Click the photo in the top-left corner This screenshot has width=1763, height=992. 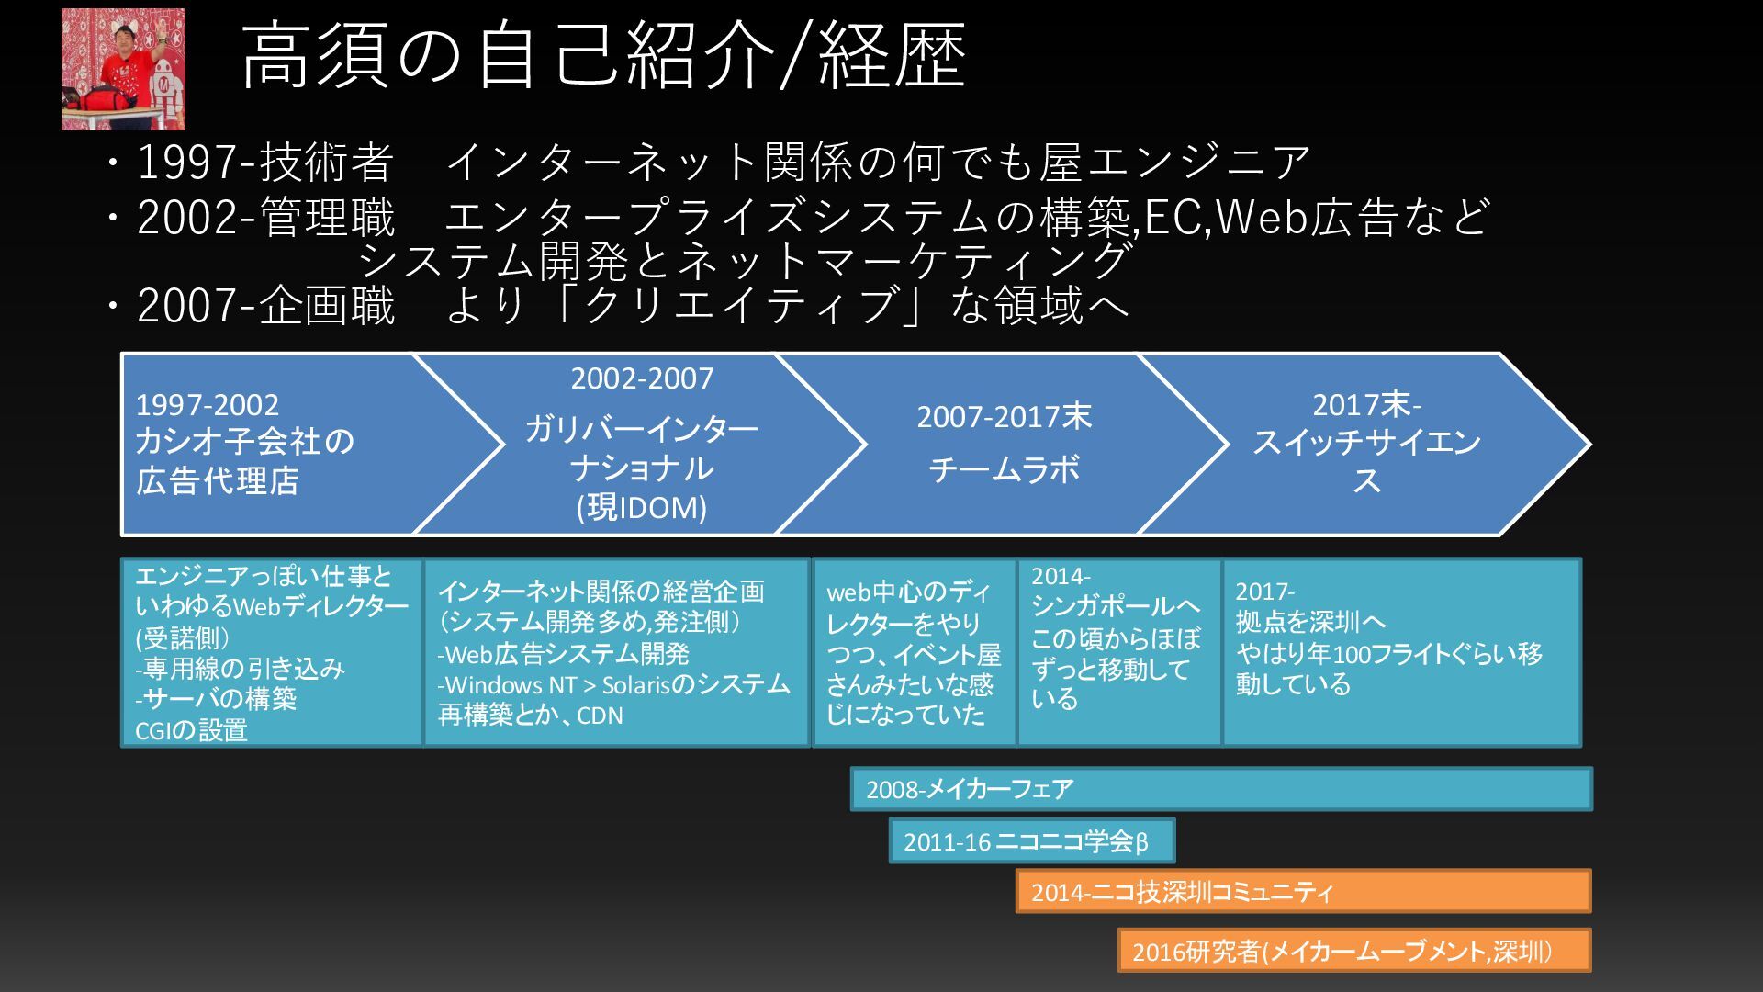(123, 70)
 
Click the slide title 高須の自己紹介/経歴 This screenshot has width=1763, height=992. (603, 57)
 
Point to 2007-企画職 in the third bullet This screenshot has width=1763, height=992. (266, 306)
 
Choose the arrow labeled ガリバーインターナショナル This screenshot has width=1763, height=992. (641, 448)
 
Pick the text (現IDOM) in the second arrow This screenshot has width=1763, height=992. (641, 507)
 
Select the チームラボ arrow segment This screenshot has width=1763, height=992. (1004, 445)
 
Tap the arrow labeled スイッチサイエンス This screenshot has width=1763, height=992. (1365, 444)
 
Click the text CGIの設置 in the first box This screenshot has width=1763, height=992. (191, 730)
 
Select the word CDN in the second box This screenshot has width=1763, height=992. (600, 716)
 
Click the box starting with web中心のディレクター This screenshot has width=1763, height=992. (914, 652)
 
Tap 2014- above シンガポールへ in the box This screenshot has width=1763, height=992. (1061, 576)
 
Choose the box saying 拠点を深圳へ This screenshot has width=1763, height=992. (1401, 652)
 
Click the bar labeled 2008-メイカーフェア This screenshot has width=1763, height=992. (1221, 789)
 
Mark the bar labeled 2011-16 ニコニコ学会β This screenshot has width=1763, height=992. (1031, 841)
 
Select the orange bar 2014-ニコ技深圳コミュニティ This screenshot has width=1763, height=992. (1303, 891)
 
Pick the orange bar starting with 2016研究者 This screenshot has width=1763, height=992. (1354, 951)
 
